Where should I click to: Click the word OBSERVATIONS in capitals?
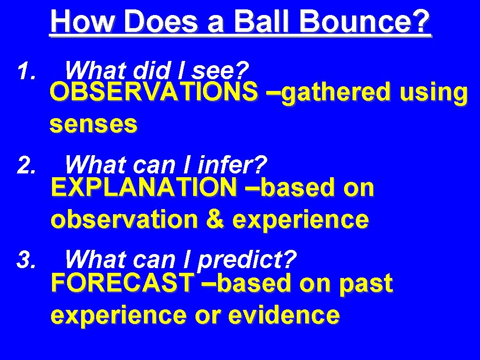pyautogui.click(x=154, y=92)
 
